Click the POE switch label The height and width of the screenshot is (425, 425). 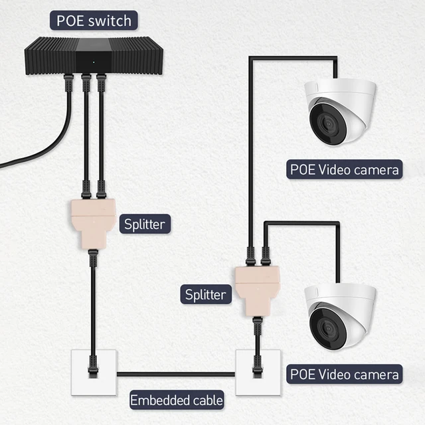(x=94, y=20)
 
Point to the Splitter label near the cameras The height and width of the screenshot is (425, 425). (x=206, y=293)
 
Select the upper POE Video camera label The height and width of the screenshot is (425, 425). (x=345, y=169)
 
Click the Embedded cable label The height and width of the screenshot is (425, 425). (x=176, y=400)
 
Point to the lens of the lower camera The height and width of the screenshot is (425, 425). (x=326, y=328)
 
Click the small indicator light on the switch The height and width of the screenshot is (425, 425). (x=92, y=64)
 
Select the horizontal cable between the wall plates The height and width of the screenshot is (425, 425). (x=176, y=375)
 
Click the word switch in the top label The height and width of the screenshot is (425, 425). (x=111, y=20)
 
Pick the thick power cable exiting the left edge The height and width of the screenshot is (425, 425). (x=27, y=156)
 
